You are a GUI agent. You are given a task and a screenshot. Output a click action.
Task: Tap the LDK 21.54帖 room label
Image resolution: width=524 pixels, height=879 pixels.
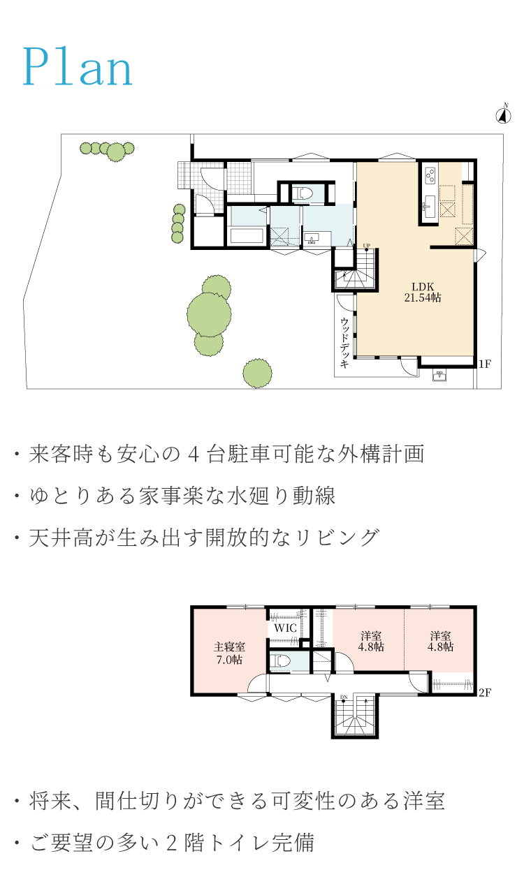[x=423, y=293]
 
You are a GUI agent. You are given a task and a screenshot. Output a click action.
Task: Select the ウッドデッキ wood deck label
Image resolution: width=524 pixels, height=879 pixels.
[x=344, y=343]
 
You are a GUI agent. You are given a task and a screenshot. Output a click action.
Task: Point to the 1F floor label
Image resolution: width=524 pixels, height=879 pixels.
[x=485, y=364]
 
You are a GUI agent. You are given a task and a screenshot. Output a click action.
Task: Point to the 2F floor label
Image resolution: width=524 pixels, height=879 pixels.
[x=485, y=693]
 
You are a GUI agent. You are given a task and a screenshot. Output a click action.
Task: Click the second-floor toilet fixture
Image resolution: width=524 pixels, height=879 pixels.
[x=280, y=661]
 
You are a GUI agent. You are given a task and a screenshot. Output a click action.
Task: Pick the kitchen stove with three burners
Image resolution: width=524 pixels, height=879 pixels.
[x=430, y=175]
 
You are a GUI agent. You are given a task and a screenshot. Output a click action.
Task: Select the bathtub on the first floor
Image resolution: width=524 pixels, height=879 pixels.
[x=247, y=236]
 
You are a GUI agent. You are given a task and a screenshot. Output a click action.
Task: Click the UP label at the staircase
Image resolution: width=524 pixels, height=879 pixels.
[x=366, y=246]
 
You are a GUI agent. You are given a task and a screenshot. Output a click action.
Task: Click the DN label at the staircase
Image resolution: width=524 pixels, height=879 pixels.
[x=344, y=697]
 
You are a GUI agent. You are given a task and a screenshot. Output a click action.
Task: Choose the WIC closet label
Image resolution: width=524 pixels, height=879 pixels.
[x=285, y=628]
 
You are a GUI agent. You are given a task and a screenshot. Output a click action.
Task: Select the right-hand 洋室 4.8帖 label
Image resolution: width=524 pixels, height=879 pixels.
[x=440, y=641]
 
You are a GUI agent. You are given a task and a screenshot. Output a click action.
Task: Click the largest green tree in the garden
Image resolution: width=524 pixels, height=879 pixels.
[x=209, y=314]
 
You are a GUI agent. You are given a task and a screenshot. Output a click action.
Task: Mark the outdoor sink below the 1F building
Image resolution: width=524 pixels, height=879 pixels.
[x=439, y=375]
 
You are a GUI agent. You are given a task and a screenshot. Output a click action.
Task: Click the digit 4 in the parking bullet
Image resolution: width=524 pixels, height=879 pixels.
[x=192, y=454]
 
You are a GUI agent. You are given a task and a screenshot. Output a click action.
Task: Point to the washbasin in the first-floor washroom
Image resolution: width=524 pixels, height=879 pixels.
[x=312, y=238]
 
